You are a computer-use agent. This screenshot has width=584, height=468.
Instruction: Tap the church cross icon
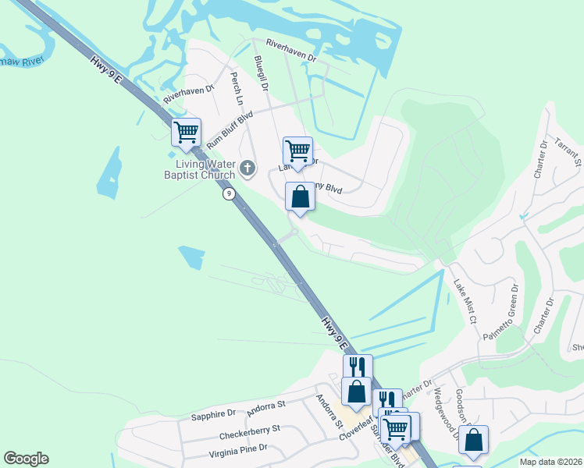(247, 168)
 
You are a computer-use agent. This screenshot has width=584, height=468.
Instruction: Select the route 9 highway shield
(228, 193)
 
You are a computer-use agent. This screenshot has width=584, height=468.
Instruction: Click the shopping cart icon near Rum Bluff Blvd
(187, 133)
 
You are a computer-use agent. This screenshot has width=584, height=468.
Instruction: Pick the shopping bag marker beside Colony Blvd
(300, 197)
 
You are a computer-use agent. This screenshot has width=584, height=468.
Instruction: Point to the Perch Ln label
(236, 90)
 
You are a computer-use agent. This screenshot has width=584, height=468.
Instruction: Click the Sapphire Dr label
(208, 414)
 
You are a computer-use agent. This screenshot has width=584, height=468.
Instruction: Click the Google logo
(26, 459)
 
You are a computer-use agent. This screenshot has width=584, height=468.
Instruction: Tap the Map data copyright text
(550, 462)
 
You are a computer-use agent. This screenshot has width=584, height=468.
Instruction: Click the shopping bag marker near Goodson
(473, 439)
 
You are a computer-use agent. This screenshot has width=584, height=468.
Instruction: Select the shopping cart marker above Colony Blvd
(297, 150)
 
